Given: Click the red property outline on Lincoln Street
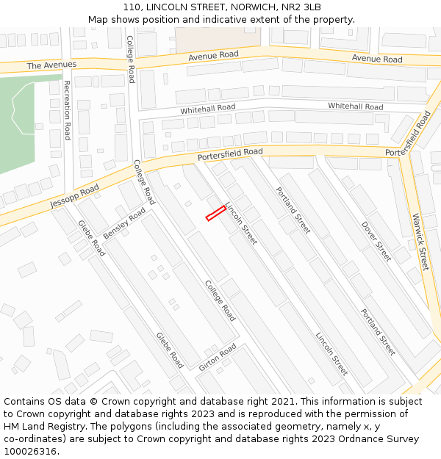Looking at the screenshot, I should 215,213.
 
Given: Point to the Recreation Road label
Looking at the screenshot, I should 66,110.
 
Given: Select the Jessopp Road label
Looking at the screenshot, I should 74,195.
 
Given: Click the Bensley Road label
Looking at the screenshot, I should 124,223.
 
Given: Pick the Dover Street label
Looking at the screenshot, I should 376,241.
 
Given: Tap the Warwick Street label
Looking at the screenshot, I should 420,242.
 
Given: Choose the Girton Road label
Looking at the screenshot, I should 218,356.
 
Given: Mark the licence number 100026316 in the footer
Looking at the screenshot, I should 29,451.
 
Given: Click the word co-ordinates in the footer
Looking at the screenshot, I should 32,439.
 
